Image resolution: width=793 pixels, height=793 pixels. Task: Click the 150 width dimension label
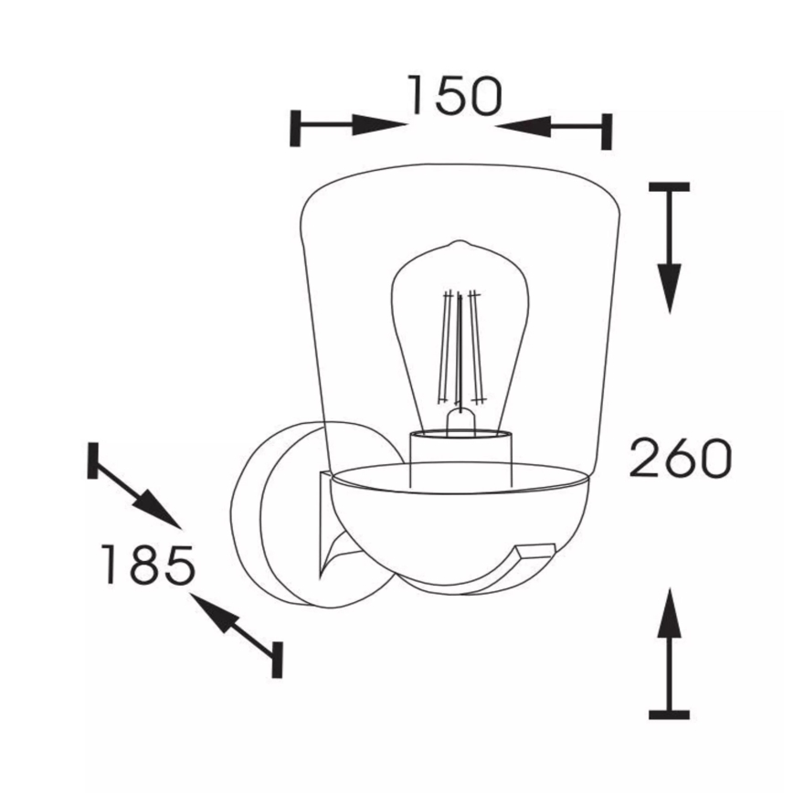pos(454,95)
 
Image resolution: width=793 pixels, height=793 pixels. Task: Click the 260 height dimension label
pos(681,459)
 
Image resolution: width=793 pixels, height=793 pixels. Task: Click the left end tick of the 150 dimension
pos(296,127)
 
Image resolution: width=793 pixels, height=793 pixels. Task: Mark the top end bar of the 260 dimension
pos(670,187)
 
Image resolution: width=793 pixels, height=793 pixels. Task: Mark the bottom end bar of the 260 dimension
pos(670,714)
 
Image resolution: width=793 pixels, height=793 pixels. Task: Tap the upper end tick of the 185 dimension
pos(92,460)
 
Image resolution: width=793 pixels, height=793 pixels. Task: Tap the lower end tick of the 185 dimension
pos(277,660)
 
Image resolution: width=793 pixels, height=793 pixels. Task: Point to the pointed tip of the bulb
pos(460,244)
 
